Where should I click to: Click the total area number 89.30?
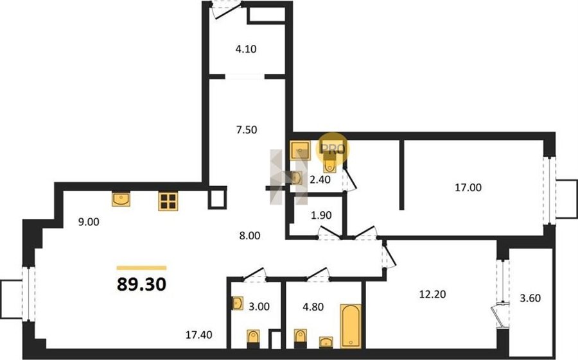(141, 284)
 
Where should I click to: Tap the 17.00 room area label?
(468, 187)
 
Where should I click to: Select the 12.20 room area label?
(433, 294)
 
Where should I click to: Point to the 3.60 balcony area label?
(530, 298)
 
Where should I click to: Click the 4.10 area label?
(246, 49)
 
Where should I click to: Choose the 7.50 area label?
(247, 130)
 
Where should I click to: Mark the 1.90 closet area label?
(321, 215)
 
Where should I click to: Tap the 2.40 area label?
(320, 180)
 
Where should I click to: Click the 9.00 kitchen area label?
(89, 222)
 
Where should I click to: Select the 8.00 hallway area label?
(250, 236)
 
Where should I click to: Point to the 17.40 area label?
(198, 334)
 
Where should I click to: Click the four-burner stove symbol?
(168, 201)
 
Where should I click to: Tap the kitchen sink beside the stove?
(121, 199)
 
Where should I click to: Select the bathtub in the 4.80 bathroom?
(351, 326)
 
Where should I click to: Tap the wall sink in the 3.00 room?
(238, 304)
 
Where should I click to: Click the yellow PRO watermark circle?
(333, 148)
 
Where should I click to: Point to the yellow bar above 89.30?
(141, 268)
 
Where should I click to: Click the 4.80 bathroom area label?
(313, 307)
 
